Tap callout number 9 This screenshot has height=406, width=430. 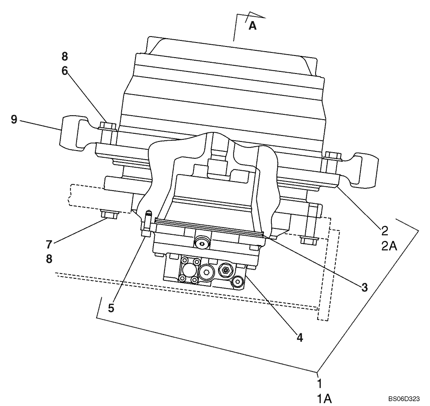(14, 120)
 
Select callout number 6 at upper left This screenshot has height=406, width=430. (64, 71)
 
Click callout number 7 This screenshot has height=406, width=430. (49, 245)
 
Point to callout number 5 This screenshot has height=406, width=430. (111, 308)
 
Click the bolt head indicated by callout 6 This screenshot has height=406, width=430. (107, 126)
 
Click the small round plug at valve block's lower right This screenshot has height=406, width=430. (237, 282)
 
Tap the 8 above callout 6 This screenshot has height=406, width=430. (64, 57)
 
